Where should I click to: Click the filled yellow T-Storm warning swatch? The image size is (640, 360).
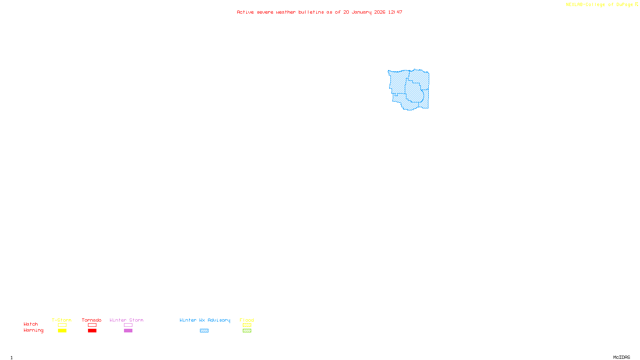tap(62, 331)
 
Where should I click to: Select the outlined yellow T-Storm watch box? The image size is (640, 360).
tap(62, 325)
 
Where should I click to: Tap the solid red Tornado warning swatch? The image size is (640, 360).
tap(92, 331)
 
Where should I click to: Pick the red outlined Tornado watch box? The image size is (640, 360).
tap(92, 325)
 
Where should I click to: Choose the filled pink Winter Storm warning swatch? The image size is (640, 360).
tap(128, 331)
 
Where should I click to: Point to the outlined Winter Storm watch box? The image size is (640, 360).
tap(128, 325)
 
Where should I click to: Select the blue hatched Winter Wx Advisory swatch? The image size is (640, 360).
tap(204, 331)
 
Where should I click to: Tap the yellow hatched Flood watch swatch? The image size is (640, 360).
tap(247, 325)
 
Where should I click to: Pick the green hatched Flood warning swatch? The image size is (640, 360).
tap(247, 331)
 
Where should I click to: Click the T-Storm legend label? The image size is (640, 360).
tap(62, 320)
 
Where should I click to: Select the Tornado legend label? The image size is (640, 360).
tap(92, 320)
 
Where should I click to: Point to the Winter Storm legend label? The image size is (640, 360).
tap(126, 320)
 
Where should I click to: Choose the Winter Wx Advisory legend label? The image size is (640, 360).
tap(205, 320)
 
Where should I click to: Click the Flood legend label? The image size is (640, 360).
tap(247, 320)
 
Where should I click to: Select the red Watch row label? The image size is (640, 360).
tap(31, 324)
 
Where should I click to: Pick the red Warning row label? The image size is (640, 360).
tap(34, 330)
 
